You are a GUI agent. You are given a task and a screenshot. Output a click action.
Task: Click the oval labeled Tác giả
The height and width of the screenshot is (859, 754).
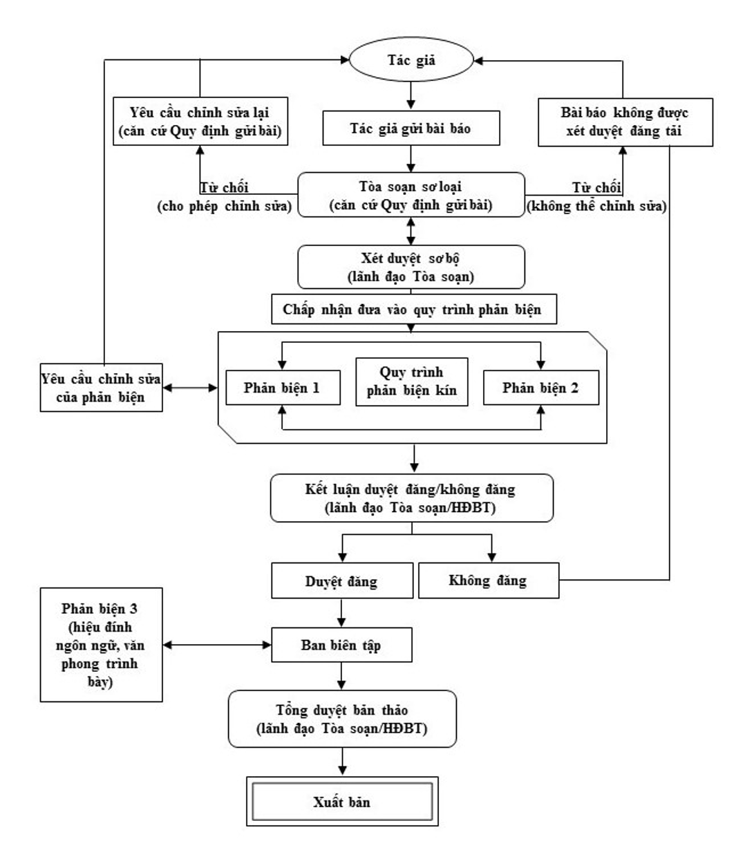tap(411, 60)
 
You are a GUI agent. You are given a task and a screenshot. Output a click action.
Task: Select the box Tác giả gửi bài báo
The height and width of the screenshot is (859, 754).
tap(411, 128)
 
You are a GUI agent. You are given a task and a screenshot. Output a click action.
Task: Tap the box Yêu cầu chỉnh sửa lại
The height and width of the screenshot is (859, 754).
tap(200, 121)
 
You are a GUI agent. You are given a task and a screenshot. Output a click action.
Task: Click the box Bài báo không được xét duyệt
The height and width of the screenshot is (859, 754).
tap(625, 122)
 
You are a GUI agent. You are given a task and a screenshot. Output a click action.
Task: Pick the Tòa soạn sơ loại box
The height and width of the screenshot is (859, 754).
tap(411, 195)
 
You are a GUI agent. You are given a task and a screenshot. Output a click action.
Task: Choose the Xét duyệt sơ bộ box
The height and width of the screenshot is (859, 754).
tap(411, 267)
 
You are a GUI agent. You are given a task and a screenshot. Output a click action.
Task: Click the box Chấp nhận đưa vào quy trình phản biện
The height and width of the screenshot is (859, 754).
tap(414, 309)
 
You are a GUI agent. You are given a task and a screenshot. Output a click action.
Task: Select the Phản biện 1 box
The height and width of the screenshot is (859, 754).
tap(283, 388)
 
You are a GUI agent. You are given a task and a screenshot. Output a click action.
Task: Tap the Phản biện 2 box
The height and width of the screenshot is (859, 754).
tap(541, 388)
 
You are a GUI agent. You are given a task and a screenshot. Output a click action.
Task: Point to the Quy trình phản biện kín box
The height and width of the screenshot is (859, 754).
tap(412, 381)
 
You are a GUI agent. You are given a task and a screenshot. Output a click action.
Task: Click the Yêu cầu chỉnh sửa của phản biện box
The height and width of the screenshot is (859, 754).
tap(102, 388)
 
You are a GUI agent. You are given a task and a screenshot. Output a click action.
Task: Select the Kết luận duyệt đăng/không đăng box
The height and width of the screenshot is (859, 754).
tap(412, 498)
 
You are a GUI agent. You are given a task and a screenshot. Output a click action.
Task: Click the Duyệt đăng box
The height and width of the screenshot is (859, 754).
tap(342, 581)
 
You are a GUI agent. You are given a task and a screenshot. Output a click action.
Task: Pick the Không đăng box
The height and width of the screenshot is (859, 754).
tap(489, 580)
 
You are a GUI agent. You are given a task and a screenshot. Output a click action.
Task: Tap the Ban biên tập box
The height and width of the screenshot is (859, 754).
tap(341, 645)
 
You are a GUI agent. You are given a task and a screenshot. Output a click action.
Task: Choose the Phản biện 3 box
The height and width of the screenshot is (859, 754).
tap(102, 645)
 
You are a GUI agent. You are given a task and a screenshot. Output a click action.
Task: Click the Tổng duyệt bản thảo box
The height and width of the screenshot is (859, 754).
tap(342, 719)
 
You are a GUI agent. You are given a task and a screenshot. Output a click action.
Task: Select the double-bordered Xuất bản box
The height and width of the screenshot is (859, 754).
tap(342, 802)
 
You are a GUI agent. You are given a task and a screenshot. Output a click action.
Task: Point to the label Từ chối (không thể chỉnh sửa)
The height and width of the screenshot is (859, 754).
tap(596, 197)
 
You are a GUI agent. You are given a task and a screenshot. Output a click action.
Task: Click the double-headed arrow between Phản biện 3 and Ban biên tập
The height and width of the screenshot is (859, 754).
tap(217, 645)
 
